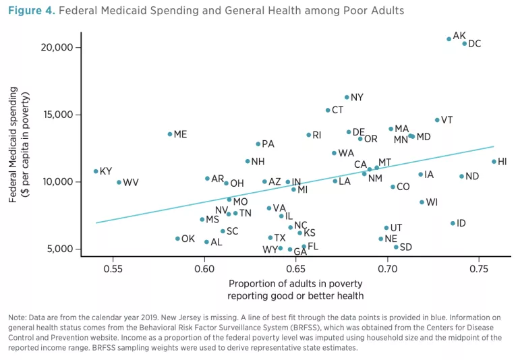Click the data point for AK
pyautogui.click(x=449, y=39)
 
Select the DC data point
pyautogui.click(x=465, y=44)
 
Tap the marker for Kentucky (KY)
pyautogui.click(x=96, y=171)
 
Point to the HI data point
pyautogui.click(x=494, y=162)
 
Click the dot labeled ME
pyautogui.click(x=170, y=134)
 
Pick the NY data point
pyautogui.click(x=347, y=97)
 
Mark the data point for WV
pyautogui.click(x=119, y=182)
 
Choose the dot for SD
pyautogui.click(x=396, y=247)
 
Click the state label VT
pyautogui.click(x=447, y=121)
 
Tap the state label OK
pyautogui.click(x=188, y=239)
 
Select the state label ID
pyautogui.click(x=461, y=223)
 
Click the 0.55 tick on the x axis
pyautogui.click(x=113, y=269)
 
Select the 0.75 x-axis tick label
pyautogui.click(x=479, y=269)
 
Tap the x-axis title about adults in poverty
pyautogui.click(x=296, y=289)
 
